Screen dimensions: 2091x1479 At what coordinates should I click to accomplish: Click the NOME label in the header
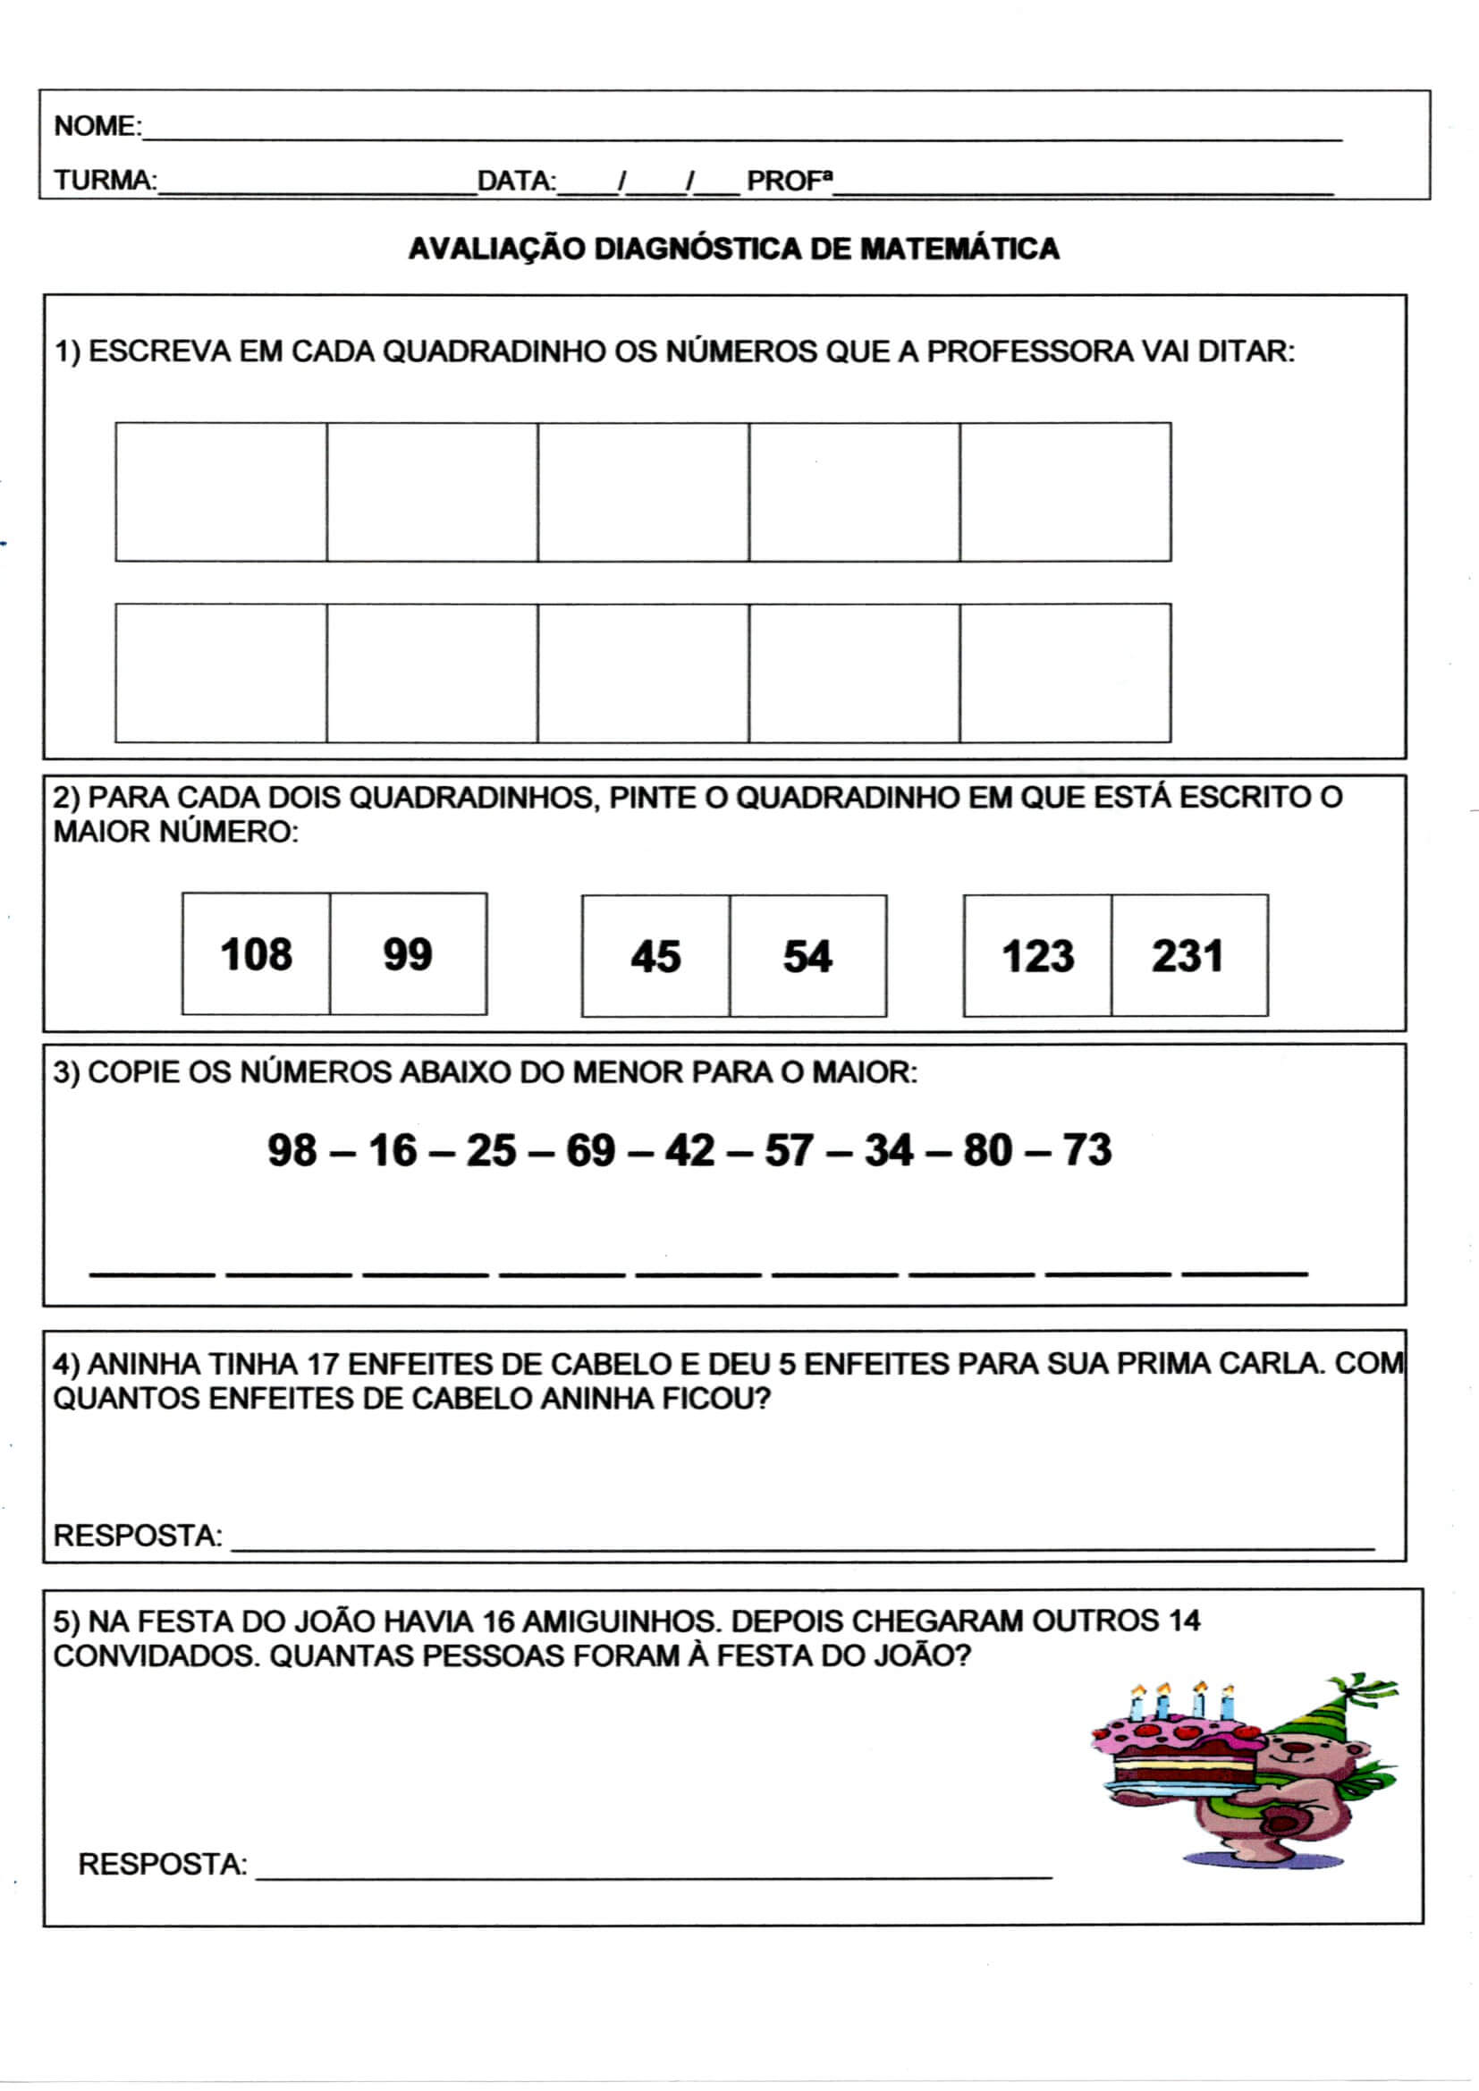97,126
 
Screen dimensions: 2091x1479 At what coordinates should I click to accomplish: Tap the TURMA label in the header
104,181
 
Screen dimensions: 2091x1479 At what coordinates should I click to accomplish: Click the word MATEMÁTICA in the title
959,249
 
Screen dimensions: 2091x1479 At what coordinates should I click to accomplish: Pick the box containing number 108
256,953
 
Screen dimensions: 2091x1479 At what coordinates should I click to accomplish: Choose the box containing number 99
408,953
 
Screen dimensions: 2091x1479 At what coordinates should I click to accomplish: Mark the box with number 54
807,955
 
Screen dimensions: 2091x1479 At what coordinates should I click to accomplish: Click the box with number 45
655,955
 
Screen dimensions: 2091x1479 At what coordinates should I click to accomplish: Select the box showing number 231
1188,955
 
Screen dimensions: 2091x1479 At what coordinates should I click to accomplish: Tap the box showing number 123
1037,955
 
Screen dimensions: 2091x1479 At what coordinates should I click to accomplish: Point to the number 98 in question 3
292,1149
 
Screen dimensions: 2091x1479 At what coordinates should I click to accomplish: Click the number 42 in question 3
689,1149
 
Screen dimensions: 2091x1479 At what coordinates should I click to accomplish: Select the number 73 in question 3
1087,1149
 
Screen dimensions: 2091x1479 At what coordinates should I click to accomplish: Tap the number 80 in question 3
988,1149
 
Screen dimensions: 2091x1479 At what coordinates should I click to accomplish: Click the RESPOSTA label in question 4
138,1536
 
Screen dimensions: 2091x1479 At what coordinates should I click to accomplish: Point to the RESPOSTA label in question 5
162,1864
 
